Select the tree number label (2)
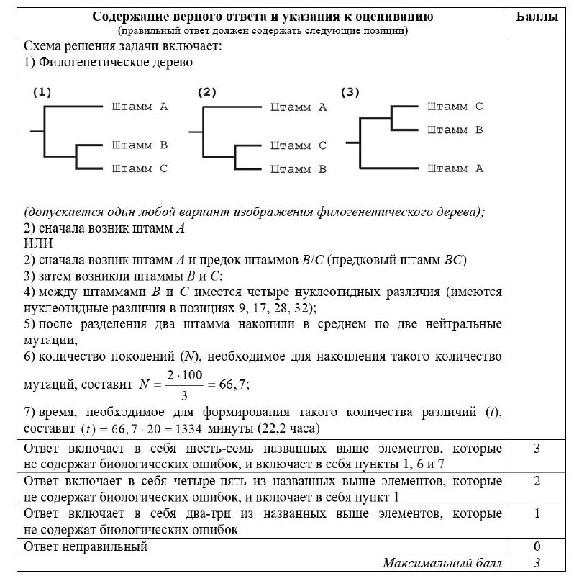(206, 92)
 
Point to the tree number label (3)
(350, 92)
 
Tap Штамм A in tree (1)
(140, 107)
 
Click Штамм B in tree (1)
(140, 145)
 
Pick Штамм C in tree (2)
(299, 145)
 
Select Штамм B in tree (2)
(299, 169)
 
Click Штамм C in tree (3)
(455, 107)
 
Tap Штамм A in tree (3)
(455, 168)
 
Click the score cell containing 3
(537, 449)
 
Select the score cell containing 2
(537, 482)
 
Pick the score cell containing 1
(537, 514)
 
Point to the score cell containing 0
(537, 546)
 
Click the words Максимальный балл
(442, 562)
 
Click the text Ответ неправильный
(86, 546)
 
